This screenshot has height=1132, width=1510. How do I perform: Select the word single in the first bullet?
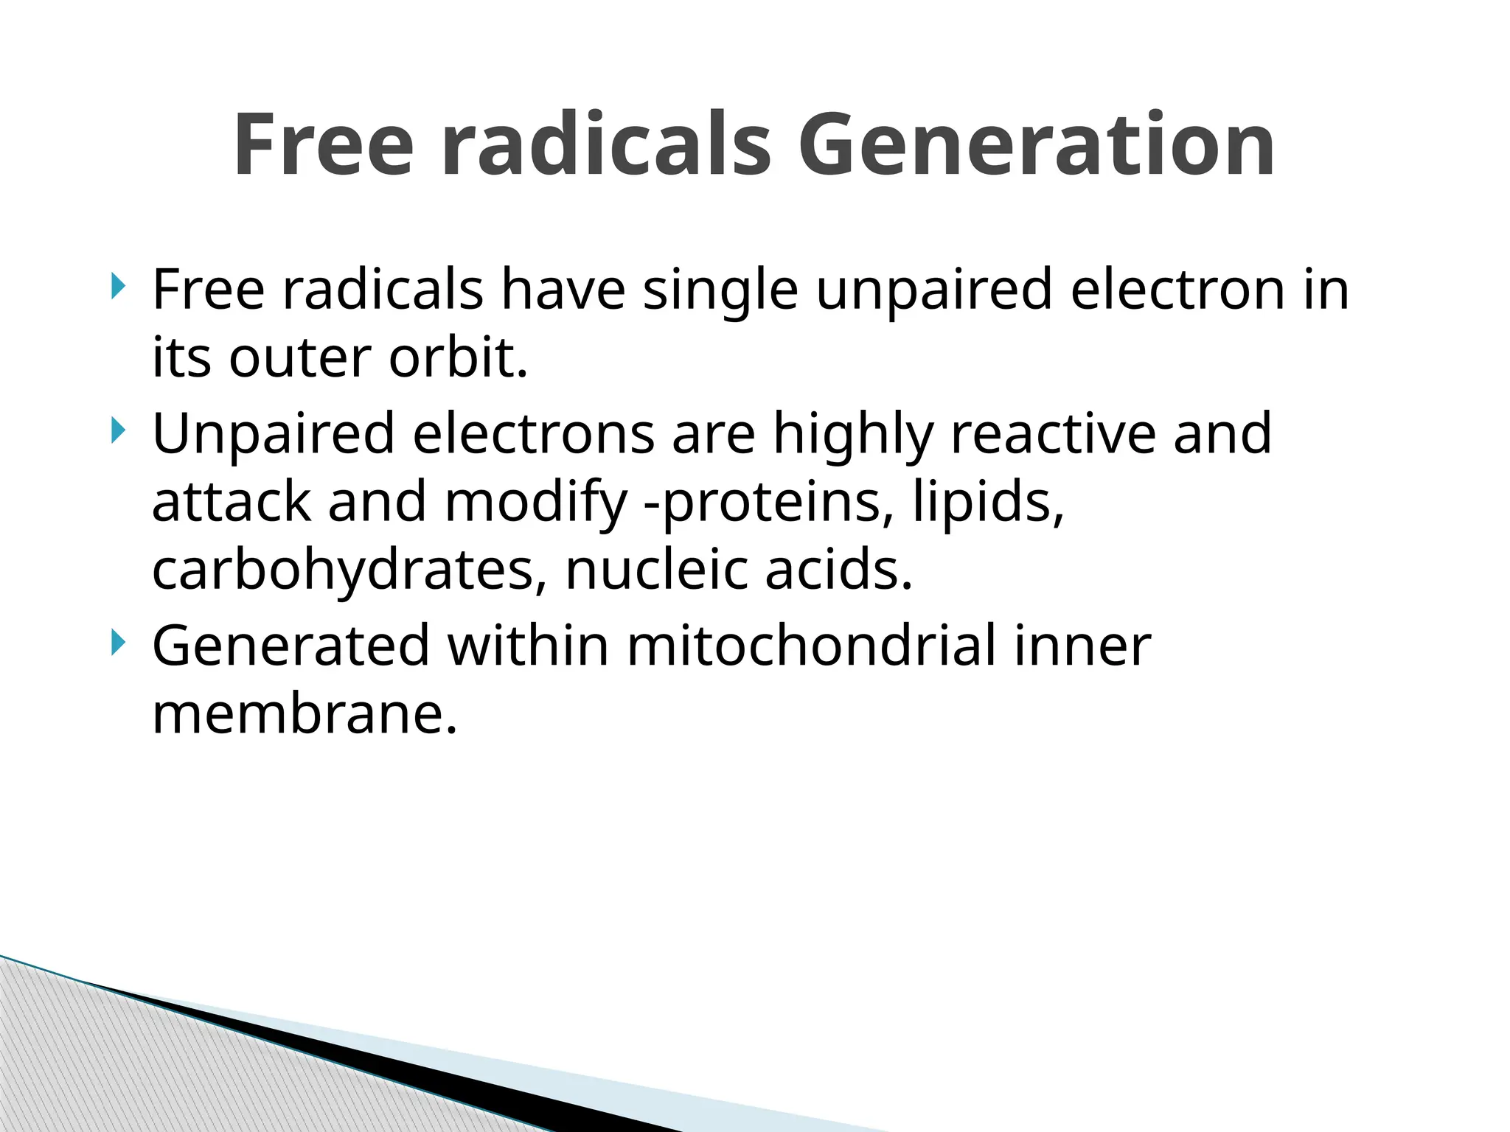pos(720,290)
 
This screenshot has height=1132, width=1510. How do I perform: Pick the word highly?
pos(853,435)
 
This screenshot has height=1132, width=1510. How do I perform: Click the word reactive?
pos(1053,433)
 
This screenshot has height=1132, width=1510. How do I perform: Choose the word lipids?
pos(988,502)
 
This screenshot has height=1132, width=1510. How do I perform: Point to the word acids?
pos(839,570)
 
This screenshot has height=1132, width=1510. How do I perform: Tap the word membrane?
pos(305,714)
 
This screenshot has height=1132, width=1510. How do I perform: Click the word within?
pos(528,646)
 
